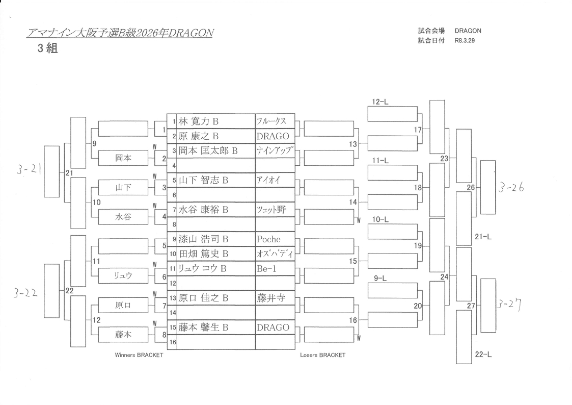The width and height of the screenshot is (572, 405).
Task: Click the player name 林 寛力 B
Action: coord(198,121)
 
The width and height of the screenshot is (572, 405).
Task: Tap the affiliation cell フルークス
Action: coord(271,121)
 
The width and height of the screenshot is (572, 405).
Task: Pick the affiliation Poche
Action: coord(269,239)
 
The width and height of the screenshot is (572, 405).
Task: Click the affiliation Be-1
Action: coord(267,268)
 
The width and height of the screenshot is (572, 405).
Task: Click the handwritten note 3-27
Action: coord(510,306)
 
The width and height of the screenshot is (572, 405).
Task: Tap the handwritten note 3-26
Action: coord(511,188)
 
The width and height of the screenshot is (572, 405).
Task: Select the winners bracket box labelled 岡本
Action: coord(123,158)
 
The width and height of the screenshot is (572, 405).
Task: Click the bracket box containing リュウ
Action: coord(123,276)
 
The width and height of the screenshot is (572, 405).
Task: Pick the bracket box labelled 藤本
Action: coord(123,335)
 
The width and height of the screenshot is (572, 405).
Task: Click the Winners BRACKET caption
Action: coord(139,355)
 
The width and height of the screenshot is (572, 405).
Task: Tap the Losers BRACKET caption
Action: coord(322,355)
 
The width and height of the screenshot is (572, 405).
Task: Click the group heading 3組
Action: coord(47,49)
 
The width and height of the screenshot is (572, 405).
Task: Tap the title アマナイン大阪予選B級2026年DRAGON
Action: coord(120,33)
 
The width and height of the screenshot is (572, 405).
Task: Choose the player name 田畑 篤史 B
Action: coord(203,254)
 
